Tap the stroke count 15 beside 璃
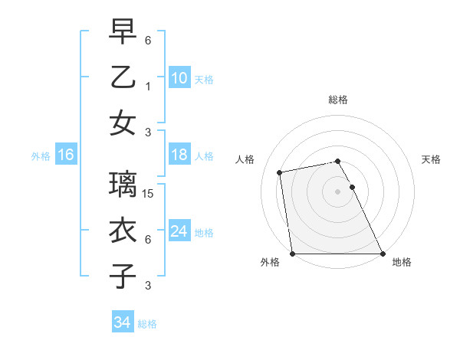(149, 194)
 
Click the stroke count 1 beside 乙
(148, 87)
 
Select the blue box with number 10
(179, 78)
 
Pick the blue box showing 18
(179, 155)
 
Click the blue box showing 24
(179, 232)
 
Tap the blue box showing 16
(65, 155)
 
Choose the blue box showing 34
(122, 322)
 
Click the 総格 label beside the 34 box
(147, 324)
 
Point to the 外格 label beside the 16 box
(41, 156)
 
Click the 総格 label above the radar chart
(338, 100)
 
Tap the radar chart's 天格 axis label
(431, 159)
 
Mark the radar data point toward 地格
(383, 254)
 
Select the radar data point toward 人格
(281, 172)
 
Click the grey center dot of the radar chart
(338, 191)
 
